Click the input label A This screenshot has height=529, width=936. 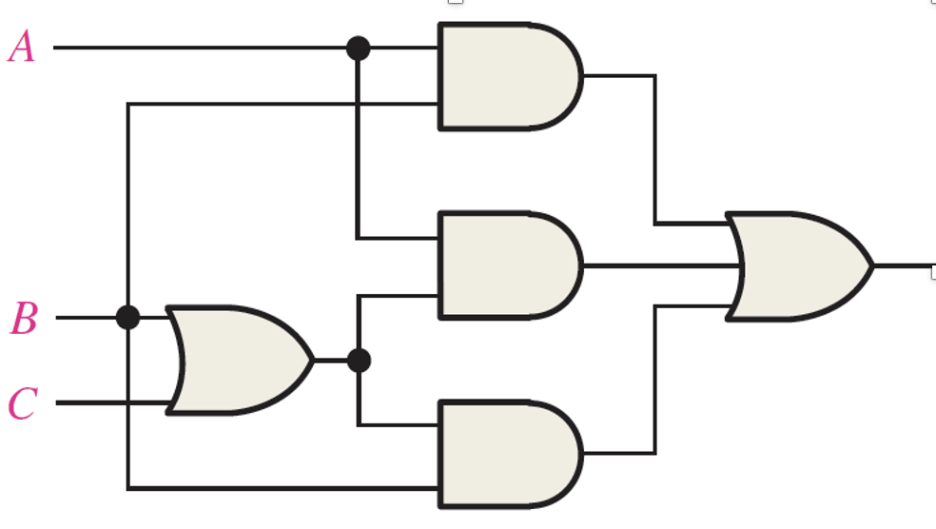[x=21, y=47]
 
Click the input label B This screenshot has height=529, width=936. [x=24, y=319]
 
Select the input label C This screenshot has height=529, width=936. [x=22, y=403]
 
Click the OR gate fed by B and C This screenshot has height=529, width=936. [x=238, y=360]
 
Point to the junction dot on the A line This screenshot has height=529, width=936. [x=358, y=48]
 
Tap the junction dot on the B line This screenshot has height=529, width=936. [x=127, y=317]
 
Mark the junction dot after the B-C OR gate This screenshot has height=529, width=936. [x=359, y=361]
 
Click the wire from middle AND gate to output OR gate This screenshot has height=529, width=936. [x=656, y=266]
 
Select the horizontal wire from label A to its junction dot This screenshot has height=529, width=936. [x=200, y=48]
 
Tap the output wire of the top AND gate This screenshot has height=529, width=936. [x=654, y=143]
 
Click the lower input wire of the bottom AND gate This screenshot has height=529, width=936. [x=285, y=489]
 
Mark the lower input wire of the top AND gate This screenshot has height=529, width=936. [x=285, y=104]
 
